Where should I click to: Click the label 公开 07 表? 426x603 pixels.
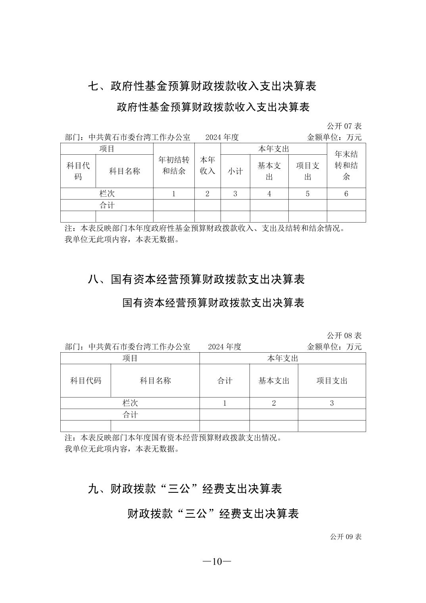344,126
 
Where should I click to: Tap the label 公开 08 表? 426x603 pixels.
344,336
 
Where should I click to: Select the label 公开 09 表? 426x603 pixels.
345,537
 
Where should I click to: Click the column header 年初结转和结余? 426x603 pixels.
174,165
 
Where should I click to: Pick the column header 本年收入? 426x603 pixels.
207,165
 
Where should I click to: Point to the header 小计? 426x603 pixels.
235,171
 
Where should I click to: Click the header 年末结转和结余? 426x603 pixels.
346,165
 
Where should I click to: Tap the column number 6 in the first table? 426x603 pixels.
346,194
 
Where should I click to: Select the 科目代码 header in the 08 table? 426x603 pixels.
86,381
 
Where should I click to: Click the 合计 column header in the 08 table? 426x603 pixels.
225,381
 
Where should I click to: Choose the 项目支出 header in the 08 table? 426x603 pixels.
332,381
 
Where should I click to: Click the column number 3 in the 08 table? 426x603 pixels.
332,403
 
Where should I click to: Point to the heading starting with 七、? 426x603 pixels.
202,86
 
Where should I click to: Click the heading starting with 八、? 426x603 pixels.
196,280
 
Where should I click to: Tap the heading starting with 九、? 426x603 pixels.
184,489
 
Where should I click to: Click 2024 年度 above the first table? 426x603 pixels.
222,137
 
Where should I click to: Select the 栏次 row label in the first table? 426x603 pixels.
107,194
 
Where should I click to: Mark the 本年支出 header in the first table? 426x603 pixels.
273,149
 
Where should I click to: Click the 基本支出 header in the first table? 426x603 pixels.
269,171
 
